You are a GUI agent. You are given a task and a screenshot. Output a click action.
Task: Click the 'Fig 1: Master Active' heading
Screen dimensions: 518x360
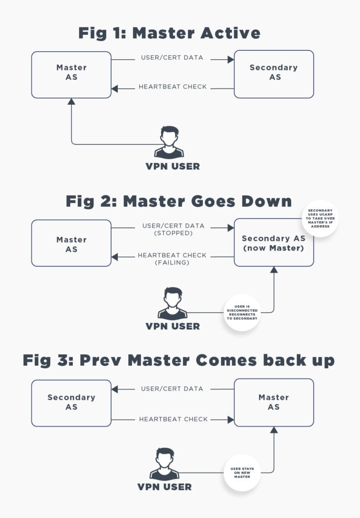pyautogui.click(x=169, y=33)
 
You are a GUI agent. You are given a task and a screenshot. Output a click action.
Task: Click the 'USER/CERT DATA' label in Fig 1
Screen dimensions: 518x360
pyautogui.click(x=172, y=58)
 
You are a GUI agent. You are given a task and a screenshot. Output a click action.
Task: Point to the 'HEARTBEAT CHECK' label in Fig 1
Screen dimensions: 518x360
pyautogui.click(x=172, y=87)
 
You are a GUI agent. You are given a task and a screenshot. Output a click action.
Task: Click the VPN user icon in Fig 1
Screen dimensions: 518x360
pyautogui.click(x=169, y=142)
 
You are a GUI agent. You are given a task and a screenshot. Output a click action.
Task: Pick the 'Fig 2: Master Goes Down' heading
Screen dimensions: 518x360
pyautogui.click(x=178, y=201)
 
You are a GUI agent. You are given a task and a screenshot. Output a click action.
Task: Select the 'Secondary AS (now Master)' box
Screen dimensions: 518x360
pyautogui.click(x=274, y=243)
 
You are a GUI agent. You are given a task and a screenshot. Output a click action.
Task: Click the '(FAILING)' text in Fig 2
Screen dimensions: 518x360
pyautogui.click(x=172, y=263)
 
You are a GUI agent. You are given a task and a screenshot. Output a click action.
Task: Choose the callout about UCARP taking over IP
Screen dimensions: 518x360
pyautogui.click(x=320, y=218)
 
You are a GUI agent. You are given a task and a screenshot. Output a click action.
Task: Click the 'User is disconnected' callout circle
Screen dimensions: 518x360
pyautogui.click(x=242, y=312)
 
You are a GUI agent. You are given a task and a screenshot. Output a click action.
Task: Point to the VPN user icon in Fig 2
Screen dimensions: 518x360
pyautogui.click(x=172, y=304)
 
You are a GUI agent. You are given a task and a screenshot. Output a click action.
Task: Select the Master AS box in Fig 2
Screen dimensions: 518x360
pyautogui.click(x=71, y=243)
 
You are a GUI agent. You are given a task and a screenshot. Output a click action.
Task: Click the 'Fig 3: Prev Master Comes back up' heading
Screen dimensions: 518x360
pyautogui.click(x=178, y=361)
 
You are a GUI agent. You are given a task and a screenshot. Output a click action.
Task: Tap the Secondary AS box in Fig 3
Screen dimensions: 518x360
pyautogui.click(x=71, y=402)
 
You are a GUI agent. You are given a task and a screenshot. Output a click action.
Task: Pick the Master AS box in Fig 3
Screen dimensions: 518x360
pyautogui.click(x=274, y=402)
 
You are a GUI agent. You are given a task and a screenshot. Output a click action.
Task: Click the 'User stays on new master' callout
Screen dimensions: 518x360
pyautogui.click(x=242, y=473)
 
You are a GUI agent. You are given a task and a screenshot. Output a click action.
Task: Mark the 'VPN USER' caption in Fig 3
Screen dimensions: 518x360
pyautogui.click(x=165, y=487)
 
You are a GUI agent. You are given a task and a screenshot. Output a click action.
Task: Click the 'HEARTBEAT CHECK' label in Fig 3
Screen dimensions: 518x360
pyautogui.click(x=172, y=419)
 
